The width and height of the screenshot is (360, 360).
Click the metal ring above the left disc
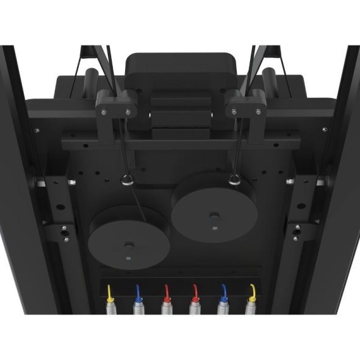pyautogui.click(x=128, y=180)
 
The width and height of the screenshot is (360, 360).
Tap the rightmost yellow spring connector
pyautogui.click(x=251, y=291)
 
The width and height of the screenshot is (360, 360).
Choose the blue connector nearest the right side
pyautogui.click(x=223, y=291)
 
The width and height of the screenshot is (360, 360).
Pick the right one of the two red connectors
pyautogui.click(x=195, y=292)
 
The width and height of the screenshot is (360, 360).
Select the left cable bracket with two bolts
pyautogui.click(x=115, y=106)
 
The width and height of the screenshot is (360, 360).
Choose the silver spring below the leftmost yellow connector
pyautogui.click(x=110, y=308)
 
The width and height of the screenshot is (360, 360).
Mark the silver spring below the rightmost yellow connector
pyautogui.click(x=250, y=308)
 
